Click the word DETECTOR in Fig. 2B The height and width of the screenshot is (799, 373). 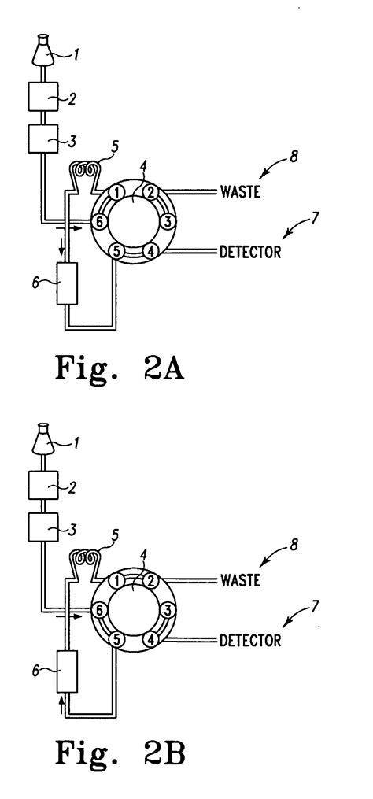click(250, 640)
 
